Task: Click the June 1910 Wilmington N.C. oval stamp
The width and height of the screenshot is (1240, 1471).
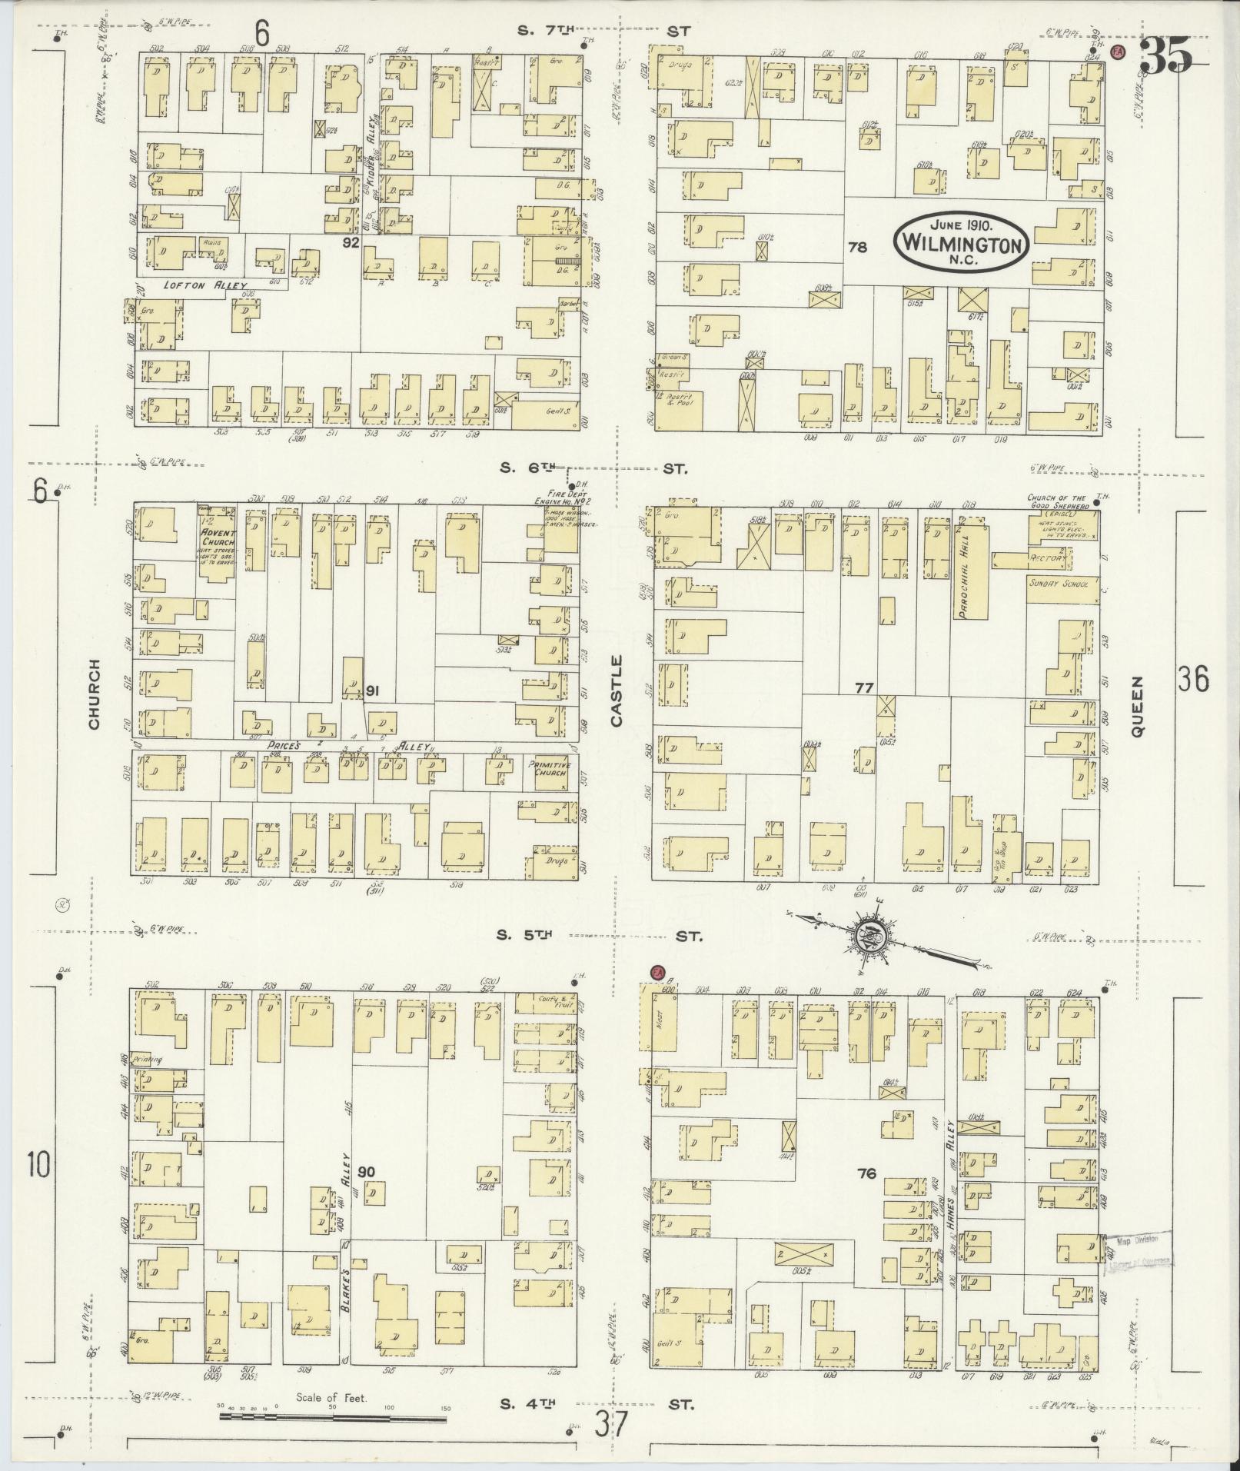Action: (x=962, y=241)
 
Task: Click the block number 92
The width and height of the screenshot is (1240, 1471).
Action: (x=351, y=242)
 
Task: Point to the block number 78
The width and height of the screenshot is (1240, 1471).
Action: (x=857, y=247)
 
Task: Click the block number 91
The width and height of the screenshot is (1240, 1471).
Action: (x=372, y=690)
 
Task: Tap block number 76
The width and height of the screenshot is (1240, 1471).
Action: (x=867, y=1173)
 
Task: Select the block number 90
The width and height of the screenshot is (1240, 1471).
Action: (x=367, y=1172)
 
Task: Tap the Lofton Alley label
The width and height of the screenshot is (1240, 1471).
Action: (x=204, y=285)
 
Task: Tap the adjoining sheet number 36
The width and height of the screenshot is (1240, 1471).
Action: (x=1192, y=680)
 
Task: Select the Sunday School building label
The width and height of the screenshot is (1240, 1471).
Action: (x=1058, y=584)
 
